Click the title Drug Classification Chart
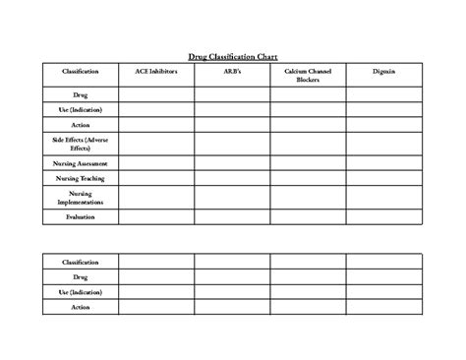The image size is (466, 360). pos(233,56)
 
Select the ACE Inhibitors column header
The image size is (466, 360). pos(156,72)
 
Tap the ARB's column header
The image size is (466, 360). pos(232,72)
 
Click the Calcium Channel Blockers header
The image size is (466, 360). pos(308,76)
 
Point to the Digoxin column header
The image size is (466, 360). pos(384,72)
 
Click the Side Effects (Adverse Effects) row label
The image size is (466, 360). pos(81,144)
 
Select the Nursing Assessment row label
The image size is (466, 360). pos(81,162)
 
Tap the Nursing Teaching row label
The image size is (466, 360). pos(81,179)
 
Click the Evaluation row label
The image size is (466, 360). pos(81,215)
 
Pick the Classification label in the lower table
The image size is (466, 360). pos(81,262)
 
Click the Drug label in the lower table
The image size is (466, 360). pos(81,277)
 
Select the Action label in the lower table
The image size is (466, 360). pos(81,308)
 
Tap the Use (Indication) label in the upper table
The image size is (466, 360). pos(81,110)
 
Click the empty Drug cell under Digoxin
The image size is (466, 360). pos(384,94)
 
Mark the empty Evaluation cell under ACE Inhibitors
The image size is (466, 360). pos(156,215)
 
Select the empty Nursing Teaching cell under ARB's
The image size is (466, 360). pos(232,179)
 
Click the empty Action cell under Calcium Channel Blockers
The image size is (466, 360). pos(308,126)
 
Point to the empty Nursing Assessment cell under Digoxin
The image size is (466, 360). pos(384,162)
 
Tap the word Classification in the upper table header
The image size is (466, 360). pos(81,72)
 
